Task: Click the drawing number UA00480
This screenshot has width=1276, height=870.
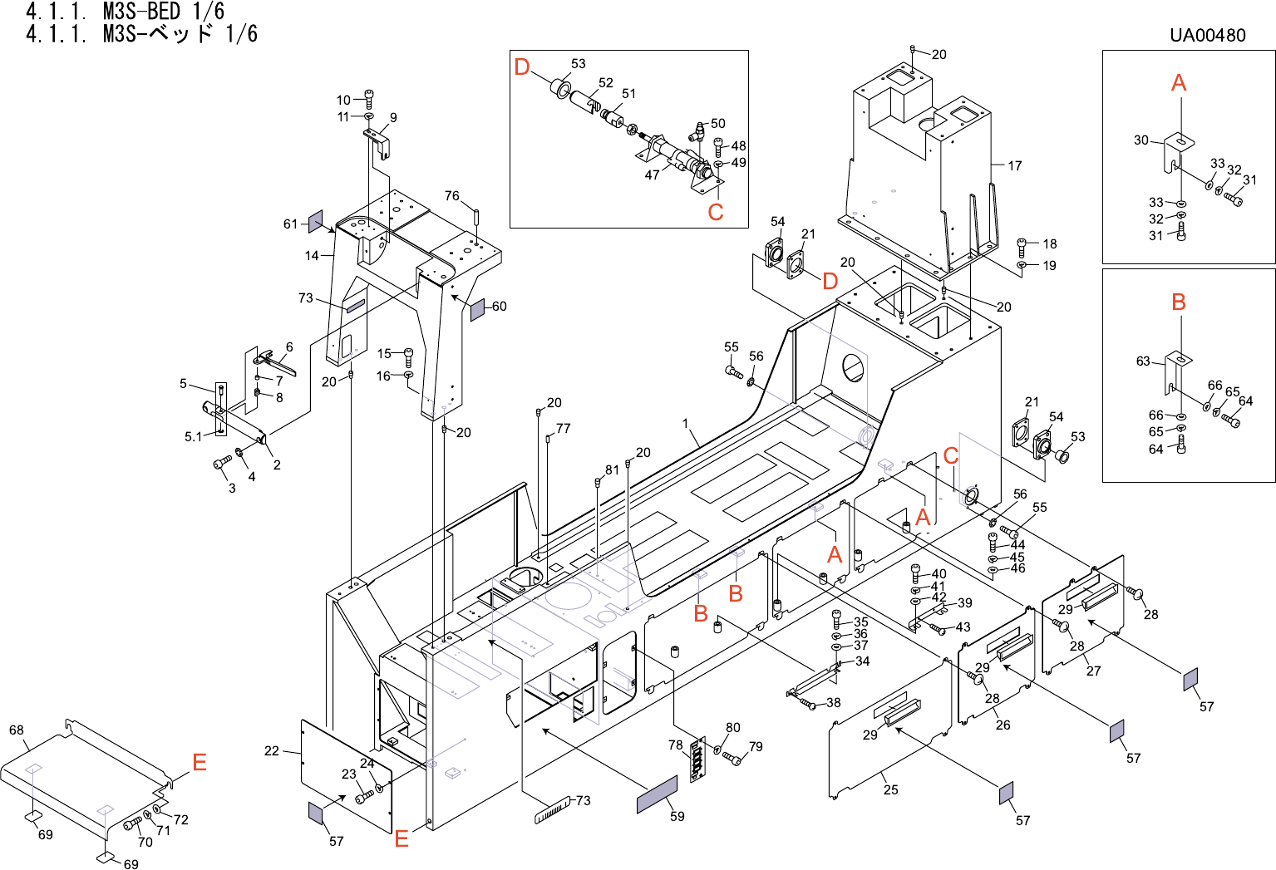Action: (x=1207, y=35)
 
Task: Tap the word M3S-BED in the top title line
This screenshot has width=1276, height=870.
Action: (x=141, y=11)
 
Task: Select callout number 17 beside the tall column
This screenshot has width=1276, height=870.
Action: (x=1015, y=165)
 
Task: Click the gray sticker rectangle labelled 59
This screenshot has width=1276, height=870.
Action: (x=657, y=795)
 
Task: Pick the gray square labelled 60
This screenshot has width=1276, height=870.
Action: (x=477, y=310)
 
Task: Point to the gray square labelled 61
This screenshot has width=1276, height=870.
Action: (x=315, y=221)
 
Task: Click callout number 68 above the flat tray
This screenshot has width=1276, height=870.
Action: (x=17, y=730)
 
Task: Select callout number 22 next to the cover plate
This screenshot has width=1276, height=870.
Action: (x=272, y=750)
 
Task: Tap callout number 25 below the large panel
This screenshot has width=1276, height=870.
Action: (x=891, y=789)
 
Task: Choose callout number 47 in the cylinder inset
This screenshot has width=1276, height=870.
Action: (x=653, y=174)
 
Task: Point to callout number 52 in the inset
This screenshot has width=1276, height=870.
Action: (x=606, y=83)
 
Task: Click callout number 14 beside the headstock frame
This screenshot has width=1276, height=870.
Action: (x=312, y=255)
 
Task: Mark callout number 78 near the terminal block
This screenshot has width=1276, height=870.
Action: (x=676, y=745)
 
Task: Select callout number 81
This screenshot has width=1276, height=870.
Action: (x=612, y=469)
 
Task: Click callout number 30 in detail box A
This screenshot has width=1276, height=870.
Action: (x=1141, y=140)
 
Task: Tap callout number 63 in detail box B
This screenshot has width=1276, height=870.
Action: (x=1143, y=361)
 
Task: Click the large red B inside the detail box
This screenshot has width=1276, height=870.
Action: (x=1178, y=302)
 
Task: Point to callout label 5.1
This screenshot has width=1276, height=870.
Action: (x=192, y=436)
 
